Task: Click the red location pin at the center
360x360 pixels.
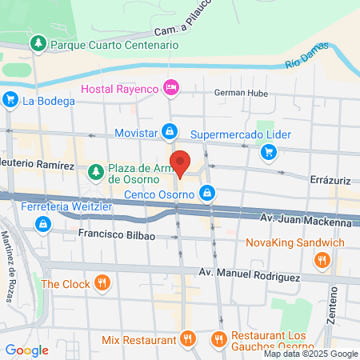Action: coord(181,162)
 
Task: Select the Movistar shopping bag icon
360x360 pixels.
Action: coord(170,130)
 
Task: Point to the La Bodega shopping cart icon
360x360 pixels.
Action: coord(10,101)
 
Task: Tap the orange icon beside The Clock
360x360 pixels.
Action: coord(102,283)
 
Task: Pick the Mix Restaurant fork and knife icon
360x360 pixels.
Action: coord(187,339)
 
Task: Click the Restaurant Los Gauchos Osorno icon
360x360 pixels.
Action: coord(218,339)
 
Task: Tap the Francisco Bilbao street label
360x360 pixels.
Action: coord(116,235)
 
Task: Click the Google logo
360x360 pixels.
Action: coord(26,350)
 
